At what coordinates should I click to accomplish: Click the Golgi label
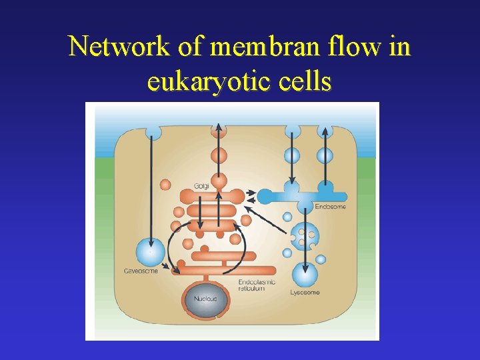(x=201, y=186)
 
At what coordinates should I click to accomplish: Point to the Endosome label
(x=331, y=207)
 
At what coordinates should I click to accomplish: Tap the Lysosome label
(x=305, y=292)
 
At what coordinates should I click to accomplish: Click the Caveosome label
(x=141, y=271)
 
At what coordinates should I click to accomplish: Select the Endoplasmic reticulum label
(x=257, y=285)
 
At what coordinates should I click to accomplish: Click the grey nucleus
(x=206, y=299)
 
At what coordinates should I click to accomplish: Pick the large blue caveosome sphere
(x=150, y=253)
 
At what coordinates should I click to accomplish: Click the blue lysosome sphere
(x=305, y=274)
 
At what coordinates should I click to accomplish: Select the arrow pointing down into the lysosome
(x=305, y=240)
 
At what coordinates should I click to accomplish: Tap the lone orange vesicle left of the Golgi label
(x=165, y=184)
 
